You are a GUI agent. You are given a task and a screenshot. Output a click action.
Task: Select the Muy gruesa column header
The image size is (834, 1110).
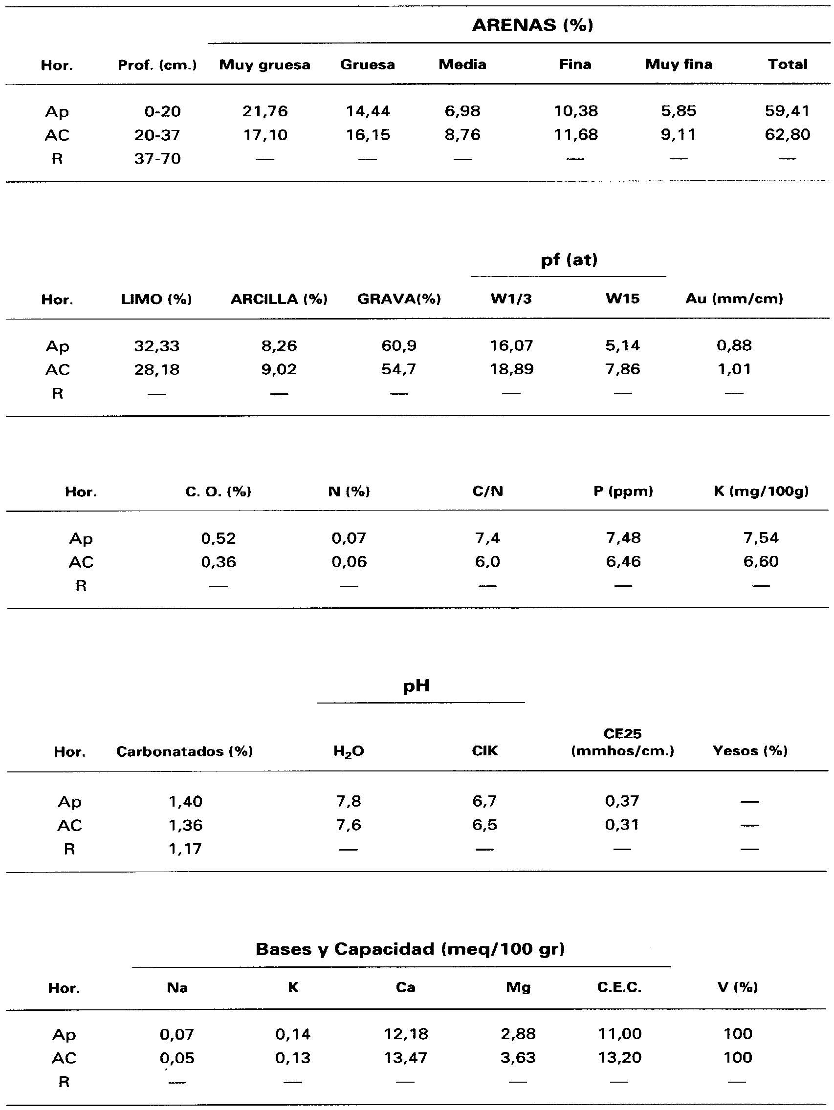point(264,64)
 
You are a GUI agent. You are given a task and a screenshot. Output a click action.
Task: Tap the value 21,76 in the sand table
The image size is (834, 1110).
point(265,111)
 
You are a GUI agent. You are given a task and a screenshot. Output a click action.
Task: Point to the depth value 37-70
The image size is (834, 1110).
point(157,159)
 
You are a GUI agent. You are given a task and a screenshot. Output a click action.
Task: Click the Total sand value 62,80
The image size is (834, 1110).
point(787,135)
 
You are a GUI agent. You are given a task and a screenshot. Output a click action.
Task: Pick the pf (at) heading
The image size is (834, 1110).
point(569,260)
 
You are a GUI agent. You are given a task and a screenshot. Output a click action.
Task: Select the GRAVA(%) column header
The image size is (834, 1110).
point(399,299)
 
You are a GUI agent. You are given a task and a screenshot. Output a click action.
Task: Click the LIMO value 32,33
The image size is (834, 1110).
point(156,346)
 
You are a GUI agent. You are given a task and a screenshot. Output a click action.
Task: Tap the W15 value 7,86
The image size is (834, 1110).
point(623,370)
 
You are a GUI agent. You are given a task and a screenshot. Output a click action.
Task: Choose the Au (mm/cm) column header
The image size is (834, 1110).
point(734,299)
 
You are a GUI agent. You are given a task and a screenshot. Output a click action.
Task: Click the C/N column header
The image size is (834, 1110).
point(487,492)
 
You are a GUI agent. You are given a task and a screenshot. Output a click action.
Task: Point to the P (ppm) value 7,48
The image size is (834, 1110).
point(623,538)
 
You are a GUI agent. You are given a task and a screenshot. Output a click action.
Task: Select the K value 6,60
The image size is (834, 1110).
point(761,561)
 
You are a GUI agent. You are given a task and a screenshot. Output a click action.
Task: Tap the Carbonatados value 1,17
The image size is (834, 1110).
point(185,849)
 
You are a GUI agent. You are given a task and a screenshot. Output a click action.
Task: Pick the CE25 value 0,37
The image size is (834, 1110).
point(622,801)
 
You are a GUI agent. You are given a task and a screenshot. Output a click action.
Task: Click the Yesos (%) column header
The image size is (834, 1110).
point(749,751)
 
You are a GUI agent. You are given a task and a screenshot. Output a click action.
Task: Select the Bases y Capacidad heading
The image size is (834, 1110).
point(410,949)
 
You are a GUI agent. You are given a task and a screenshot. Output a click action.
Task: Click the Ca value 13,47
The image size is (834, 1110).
point(405,1058)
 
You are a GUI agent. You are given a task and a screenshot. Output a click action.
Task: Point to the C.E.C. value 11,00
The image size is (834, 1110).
point(619,1034)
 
